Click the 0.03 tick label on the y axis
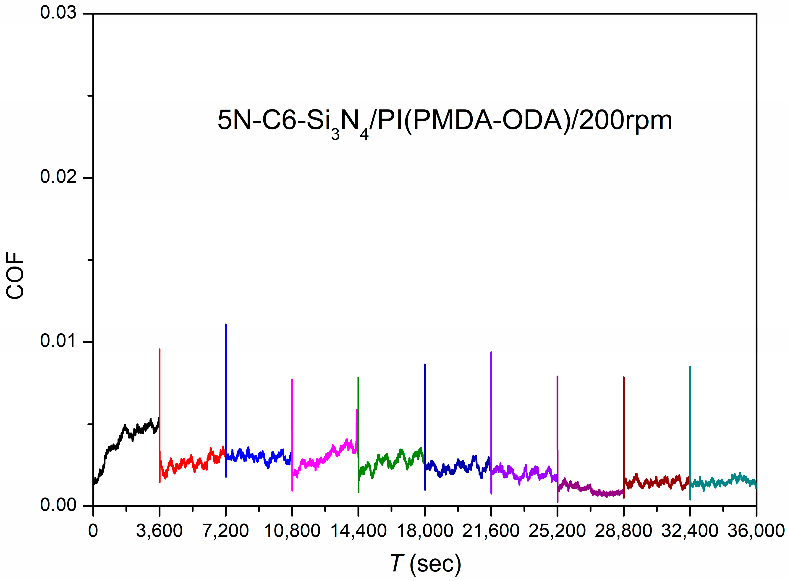pyautogui.click(x=58, y=13)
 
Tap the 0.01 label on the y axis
pyautogui.click(x=58, y=341)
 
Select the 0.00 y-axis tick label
pyautogui.click(x=58, y=505)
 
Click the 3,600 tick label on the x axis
pyautogui.click(x=160, y=531)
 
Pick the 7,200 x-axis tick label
pyautogui.click(x=226, y=531)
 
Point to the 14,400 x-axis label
pyautogui.click(x=358, y=531)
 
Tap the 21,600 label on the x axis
pyautogui.click(x=491, y=531)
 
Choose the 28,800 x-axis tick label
pyautogui.click(x=623, y=531)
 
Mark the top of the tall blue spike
pyautogui.click(x=226, y=325)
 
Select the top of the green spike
pyautogui.click(x=358, y=378)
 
